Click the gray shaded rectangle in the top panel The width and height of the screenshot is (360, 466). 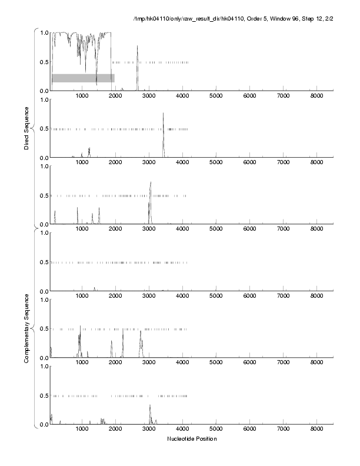point(83,78)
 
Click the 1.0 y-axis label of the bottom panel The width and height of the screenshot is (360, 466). point(42,367)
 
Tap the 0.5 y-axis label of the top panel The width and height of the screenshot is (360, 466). point(42,62)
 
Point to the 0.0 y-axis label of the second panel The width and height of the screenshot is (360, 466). point(42,158)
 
